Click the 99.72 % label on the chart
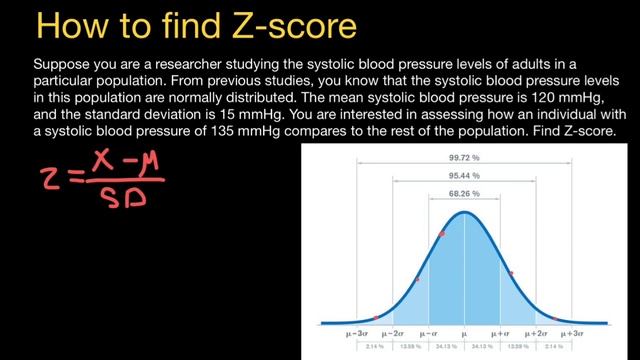(463, 158)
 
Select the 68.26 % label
(463, 194)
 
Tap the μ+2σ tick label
(537, 331)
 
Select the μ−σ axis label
(429, 331)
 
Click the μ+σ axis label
(500, 331)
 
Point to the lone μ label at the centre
(464, 331)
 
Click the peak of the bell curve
(464, 212)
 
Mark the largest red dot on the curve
(442, 233)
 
